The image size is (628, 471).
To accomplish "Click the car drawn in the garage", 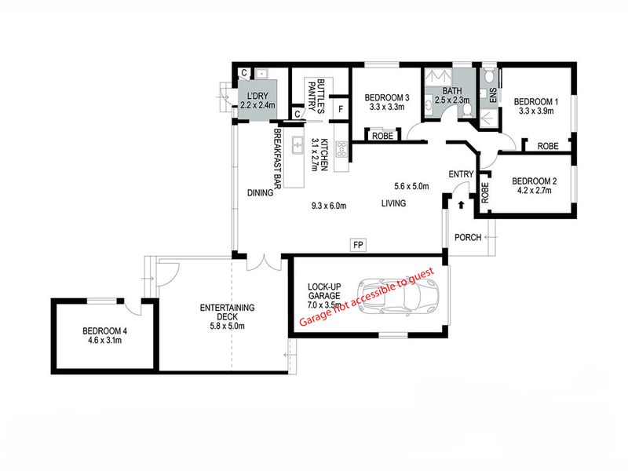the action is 398,296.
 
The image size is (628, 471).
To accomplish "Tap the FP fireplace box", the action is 358,245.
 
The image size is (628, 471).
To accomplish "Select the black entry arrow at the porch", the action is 461,205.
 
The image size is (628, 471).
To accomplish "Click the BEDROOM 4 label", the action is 105,331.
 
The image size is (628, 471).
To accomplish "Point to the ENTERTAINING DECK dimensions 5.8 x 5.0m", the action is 227,326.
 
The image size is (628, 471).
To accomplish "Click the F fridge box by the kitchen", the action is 341,109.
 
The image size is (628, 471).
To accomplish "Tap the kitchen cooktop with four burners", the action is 341,149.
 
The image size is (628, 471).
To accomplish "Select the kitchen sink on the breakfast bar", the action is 298,145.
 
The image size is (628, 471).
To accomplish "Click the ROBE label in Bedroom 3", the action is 382,136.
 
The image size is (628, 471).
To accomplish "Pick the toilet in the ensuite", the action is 488,75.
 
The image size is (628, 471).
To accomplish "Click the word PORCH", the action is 468,238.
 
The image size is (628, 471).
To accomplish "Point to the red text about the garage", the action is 367,297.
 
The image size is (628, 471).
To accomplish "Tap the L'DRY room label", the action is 257,96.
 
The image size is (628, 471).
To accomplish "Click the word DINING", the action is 260,193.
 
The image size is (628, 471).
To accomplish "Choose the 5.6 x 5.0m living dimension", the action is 411,186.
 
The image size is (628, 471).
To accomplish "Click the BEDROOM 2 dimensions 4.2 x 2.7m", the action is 535,191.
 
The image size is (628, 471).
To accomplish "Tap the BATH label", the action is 452,91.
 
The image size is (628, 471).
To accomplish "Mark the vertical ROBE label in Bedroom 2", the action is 485,192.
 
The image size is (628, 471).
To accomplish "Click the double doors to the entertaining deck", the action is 265,262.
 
